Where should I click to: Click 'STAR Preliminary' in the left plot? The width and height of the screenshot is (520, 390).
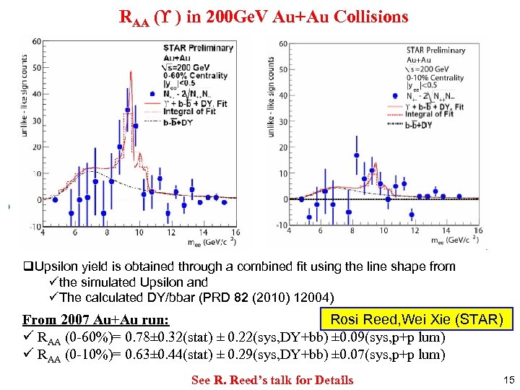pyautogui.click(x=198, y=48)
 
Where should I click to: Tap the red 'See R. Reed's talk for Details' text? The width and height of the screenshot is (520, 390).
pyautogui.click(x=272, y=380)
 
